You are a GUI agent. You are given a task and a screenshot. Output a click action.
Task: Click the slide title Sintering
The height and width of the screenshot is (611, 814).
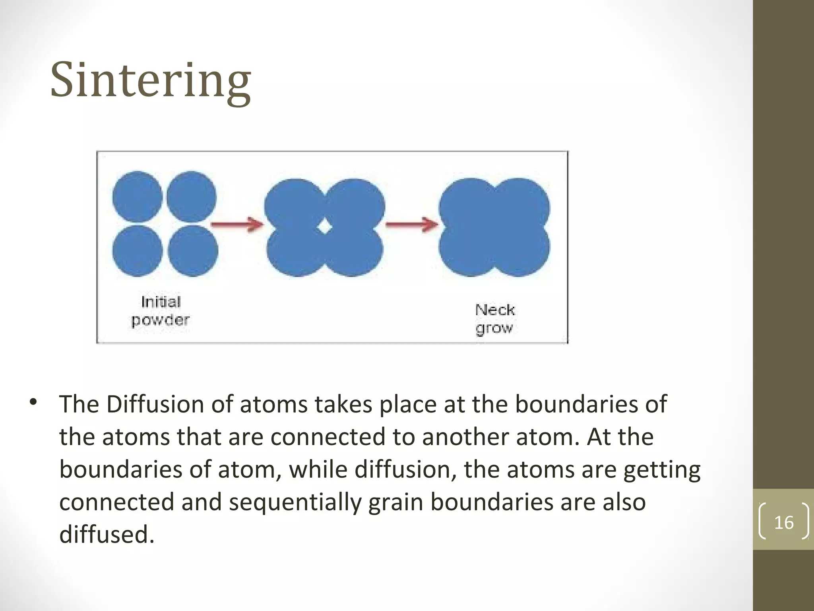151,81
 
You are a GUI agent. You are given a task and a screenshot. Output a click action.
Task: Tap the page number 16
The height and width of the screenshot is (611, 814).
784,522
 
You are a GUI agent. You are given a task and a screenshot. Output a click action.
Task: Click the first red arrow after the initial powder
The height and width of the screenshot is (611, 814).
237,224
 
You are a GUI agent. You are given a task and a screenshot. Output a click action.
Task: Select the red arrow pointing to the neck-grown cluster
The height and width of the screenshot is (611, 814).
412,224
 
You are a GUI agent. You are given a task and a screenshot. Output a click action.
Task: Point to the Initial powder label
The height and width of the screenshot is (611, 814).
161,311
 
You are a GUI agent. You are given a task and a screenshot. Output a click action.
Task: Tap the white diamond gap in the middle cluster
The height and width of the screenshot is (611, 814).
325,227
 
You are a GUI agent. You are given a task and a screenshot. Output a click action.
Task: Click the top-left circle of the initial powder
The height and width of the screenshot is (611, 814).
137,197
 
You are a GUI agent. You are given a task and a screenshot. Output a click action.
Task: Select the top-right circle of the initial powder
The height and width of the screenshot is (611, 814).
191,197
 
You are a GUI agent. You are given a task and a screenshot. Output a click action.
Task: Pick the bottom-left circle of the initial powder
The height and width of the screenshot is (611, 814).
137,251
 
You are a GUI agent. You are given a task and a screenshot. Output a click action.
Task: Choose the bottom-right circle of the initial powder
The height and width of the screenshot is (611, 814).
193,251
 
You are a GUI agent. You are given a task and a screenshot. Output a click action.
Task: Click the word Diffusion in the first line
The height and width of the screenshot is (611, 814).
155,405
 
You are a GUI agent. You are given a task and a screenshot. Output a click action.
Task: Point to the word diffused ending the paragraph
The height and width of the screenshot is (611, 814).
107,534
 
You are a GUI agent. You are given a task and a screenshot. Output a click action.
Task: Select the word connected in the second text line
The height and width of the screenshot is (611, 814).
328,437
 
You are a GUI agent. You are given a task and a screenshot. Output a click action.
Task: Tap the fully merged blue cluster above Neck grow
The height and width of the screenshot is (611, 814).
494,227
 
